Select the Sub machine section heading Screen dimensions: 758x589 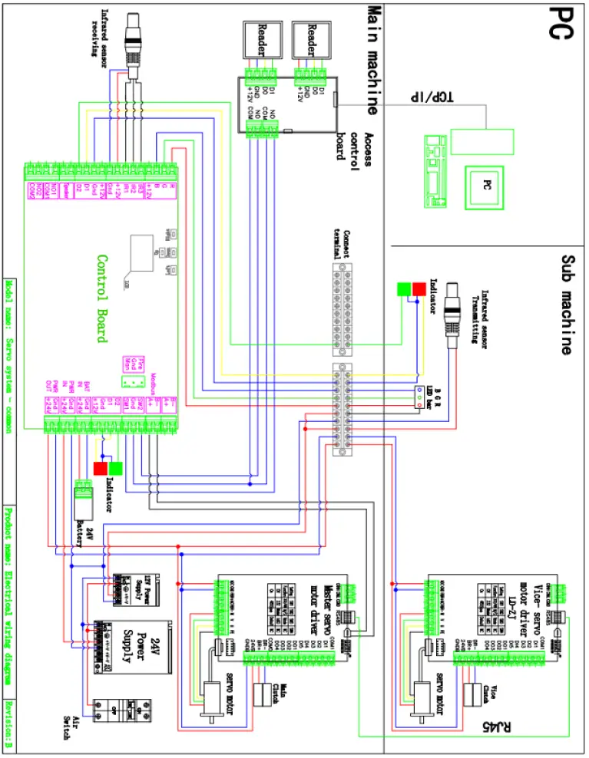pyautogui.click(x=567, y=305)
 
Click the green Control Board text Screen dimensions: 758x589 pyautogui.click(x=102, y=298)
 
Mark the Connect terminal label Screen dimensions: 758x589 pyautogui.click(x=346, y=238)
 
